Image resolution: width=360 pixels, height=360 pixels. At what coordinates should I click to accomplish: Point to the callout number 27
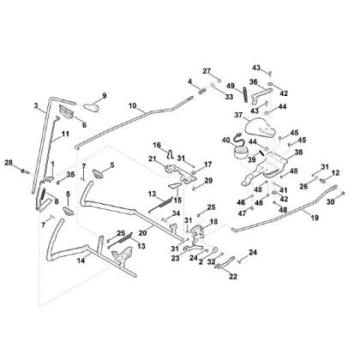[x=206, y=70]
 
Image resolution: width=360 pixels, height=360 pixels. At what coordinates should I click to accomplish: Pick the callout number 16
[x=157, y=145]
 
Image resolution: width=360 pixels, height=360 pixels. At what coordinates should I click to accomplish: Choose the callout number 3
[x=36, y=106]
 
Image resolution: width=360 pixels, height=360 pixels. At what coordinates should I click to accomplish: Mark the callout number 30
[x=329, y=202]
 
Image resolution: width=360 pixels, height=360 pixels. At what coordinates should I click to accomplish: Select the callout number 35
[x=71, y=175]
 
